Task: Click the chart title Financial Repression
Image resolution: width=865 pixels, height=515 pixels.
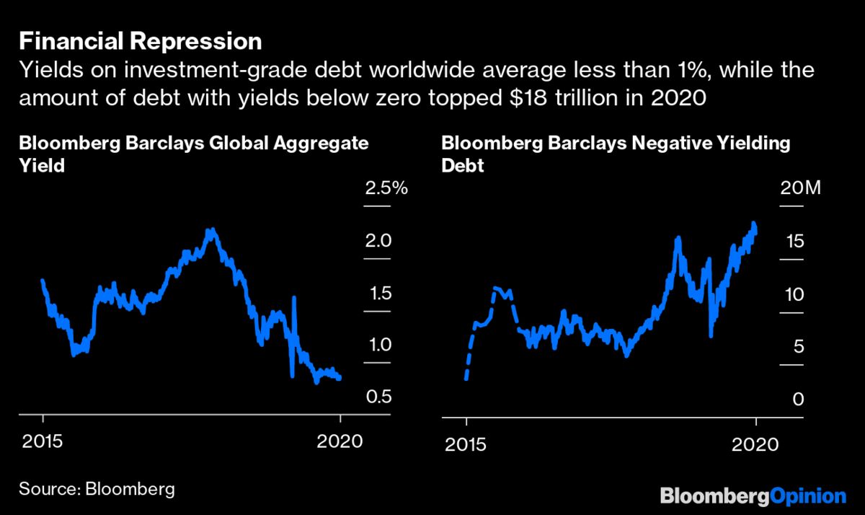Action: (x=140, y=40)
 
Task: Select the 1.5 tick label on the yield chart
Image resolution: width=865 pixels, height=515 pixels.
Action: (x=381, y=294)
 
